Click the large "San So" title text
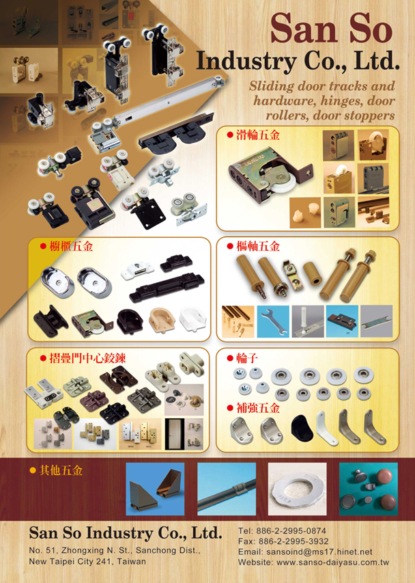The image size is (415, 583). click(x=331, y=28)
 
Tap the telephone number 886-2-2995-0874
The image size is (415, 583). click(x=292, y=531)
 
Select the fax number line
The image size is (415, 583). click(x=283, y=541)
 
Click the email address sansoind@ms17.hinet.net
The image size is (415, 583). click(x=319, y=552)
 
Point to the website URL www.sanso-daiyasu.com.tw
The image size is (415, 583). click(x=332, y=562)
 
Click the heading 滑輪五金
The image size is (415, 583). click(x=257, y=135)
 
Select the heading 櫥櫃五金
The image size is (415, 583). click(x=71, y=246)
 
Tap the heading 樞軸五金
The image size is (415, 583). click(x=257, y=246)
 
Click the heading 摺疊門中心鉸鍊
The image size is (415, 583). click(x=87, y=358)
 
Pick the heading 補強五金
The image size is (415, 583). click(x=257, y=408)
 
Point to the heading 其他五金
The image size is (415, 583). click(x=61, y=471)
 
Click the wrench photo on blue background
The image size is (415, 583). click(x=273, y=321)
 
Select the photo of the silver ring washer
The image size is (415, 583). click(x=298, y=489)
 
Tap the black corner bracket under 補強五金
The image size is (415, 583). click(x=302, y=429)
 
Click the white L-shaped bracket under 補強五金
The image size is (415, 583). click(x=327, y=429)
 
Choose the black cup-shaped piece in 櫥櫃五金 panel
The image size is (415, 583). click(x=130, y=321)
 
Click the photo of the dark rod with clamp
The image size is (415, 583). click(x=227, y=489)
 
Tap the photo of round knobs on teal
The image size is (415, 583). click(x=368, y=489)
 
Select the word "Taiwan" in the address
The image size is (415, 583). click(x=132, y=561)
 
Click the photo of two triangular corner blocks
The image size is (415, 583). click(x=155, y=489)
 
